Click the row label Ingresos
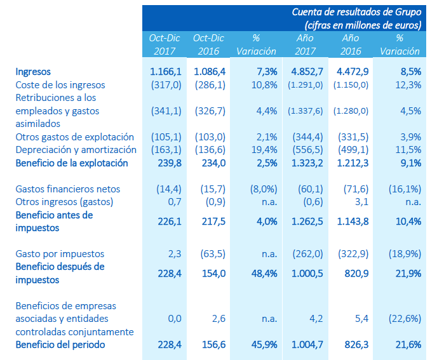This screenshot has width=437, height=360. click(33, 72)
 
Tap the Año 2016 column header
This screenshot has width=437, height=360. click(350, 44)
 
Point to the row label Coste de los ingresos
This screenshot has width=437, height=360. click(60, 84)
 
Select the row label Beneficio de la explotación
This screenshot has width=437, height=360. click(72, 163)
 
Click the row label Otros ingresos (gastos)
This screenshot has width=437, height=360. click(64, 202)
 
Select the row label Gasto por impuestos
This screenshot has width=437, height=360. click(60, 254)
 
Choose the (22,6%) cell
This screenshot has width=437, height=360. click(404, 318)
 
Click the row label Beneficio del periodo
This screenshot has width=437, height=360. click(60, 345)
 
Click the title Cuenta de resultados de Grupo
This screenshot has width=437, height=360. click(356, 12)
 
